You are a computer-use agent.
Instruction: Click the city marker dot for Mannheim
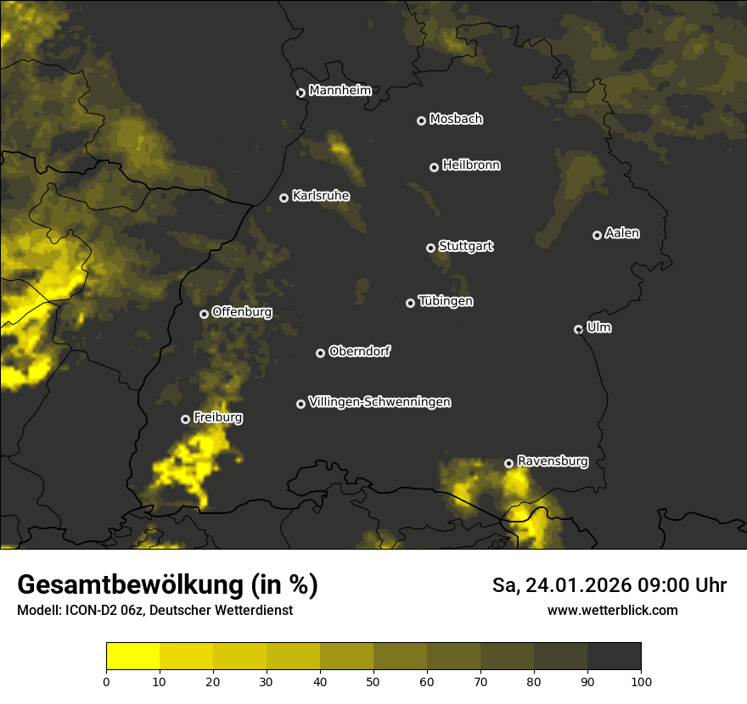click(x=300, y=93)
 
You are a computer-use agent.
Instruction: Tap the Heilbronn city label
click(x=471, y=165)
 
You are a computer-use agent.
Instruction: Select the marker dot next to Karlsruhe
click(x=284, y=198)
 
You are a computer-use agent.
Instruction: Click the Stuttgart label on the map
click(x=465, y=246)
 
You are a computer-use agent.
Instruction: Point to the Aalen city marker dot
click(x=597, y=235)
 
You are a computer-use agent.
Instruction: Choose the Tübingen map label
click(x=446, y=301)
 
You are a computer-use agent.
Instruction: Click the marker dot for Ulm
click(x=578, y=329)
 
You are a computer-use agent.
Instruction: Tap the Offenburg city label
click(x=242, y=312)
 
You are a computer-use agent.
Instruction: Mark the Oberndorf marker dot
click(x=320, y=353)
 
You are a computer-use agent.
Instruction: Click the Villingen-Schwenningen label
click(x=379, y=402)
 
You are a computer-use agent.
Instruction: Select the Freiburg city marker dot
click(x=185, y=419)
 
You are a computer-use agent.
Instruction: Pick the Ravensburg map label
click(x=553, y=461)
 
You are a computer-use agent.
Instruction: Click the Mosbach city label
click(x=456, y=120)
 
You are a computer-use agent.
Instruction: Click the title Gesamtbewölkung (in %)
click(x=167, y=584)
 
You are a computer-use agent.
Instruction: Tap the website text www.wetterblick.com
click(x=612, y=610)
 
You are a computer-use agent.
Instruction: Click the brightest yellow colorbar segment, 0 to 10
click(x=133, y=657)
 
